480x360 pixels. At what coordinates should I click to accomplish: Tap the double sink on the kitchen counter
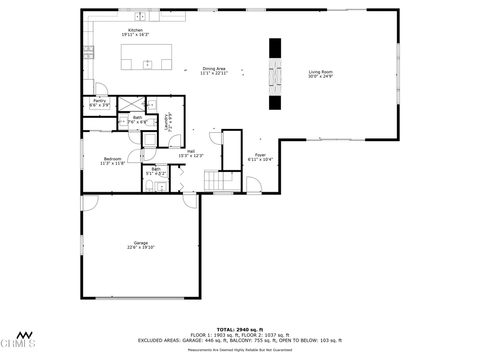click(140, 17)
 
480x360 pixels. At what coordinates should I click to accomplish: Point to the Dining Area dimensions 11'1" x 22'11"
click(214, 74)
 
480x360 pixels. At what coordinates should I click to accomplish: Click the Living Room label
click(320, 72)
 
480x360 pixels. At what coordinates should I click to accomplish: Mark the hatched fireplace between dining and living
click(275, 74)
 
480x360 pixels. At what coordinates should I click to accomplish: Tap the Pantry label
click(99, 101)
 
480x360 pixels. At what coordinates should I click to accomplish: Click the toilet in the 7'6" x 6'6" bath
click(151, 122)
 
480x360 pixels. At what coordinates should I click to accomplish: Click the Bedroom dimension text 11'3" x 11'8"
click(112, 164)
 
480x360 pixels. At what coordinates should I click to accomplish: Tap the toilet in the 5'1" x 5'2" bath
click(148, 187)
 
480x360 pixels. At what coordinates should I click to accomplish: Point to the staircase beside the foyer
click(218, 180)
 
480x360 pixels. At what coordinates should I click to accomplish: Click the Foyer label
click(260, 155)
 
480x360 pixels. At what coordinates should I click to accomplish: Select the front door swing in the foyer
click(254, 184)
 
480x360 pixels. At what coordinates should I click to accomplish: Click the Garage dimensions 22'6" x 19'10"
click(141, 247)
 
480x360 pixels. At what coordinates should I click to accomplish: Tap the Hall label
click(191, 151)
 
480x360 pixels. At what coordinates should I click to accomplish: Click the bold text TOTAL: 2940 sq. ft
click(240, 330)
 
